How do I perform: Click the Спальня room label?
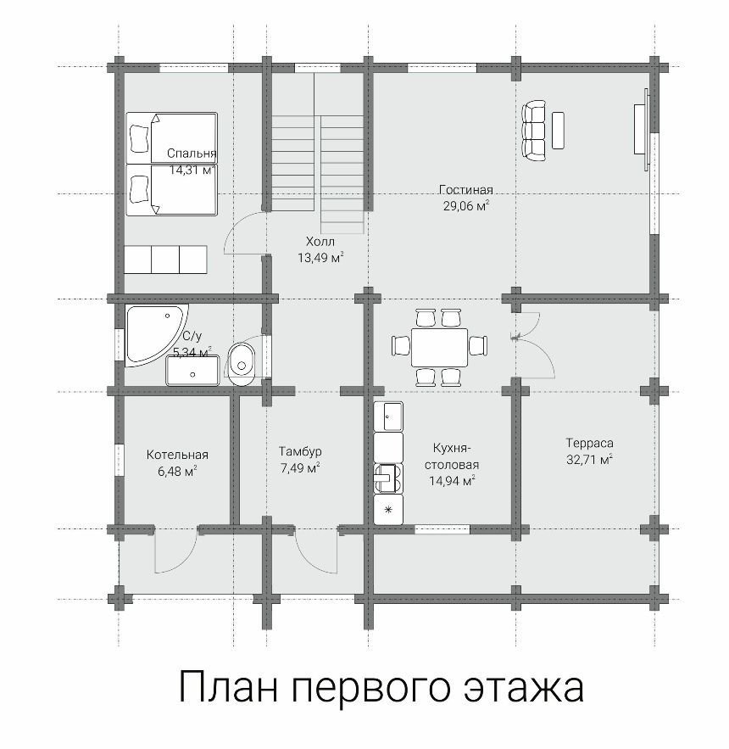192,154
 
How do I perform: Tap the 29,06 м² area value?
466,206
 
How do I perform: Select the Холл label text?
320,241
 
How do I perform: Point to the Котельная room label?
177,455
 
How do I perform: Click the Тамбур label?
300,451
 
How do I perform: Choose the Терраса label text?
590,443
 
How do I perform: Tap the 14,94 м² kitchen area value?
452,481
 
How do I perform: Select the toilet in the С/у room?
242,364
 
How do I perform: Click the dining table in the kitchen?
439,347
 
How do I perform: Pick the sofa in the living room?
534,131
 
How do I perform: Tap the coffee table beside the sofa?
558,131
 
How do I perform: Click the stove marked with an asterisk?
388,510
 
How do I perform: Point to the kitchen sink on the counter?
387,478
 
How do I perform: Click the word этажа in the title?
524,687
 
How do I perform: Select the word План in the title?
228,685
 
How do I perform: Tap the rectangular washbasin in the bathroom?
192,370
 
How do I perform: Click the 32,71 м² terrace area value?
590,460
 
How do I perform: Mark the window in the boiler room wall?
119,460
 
